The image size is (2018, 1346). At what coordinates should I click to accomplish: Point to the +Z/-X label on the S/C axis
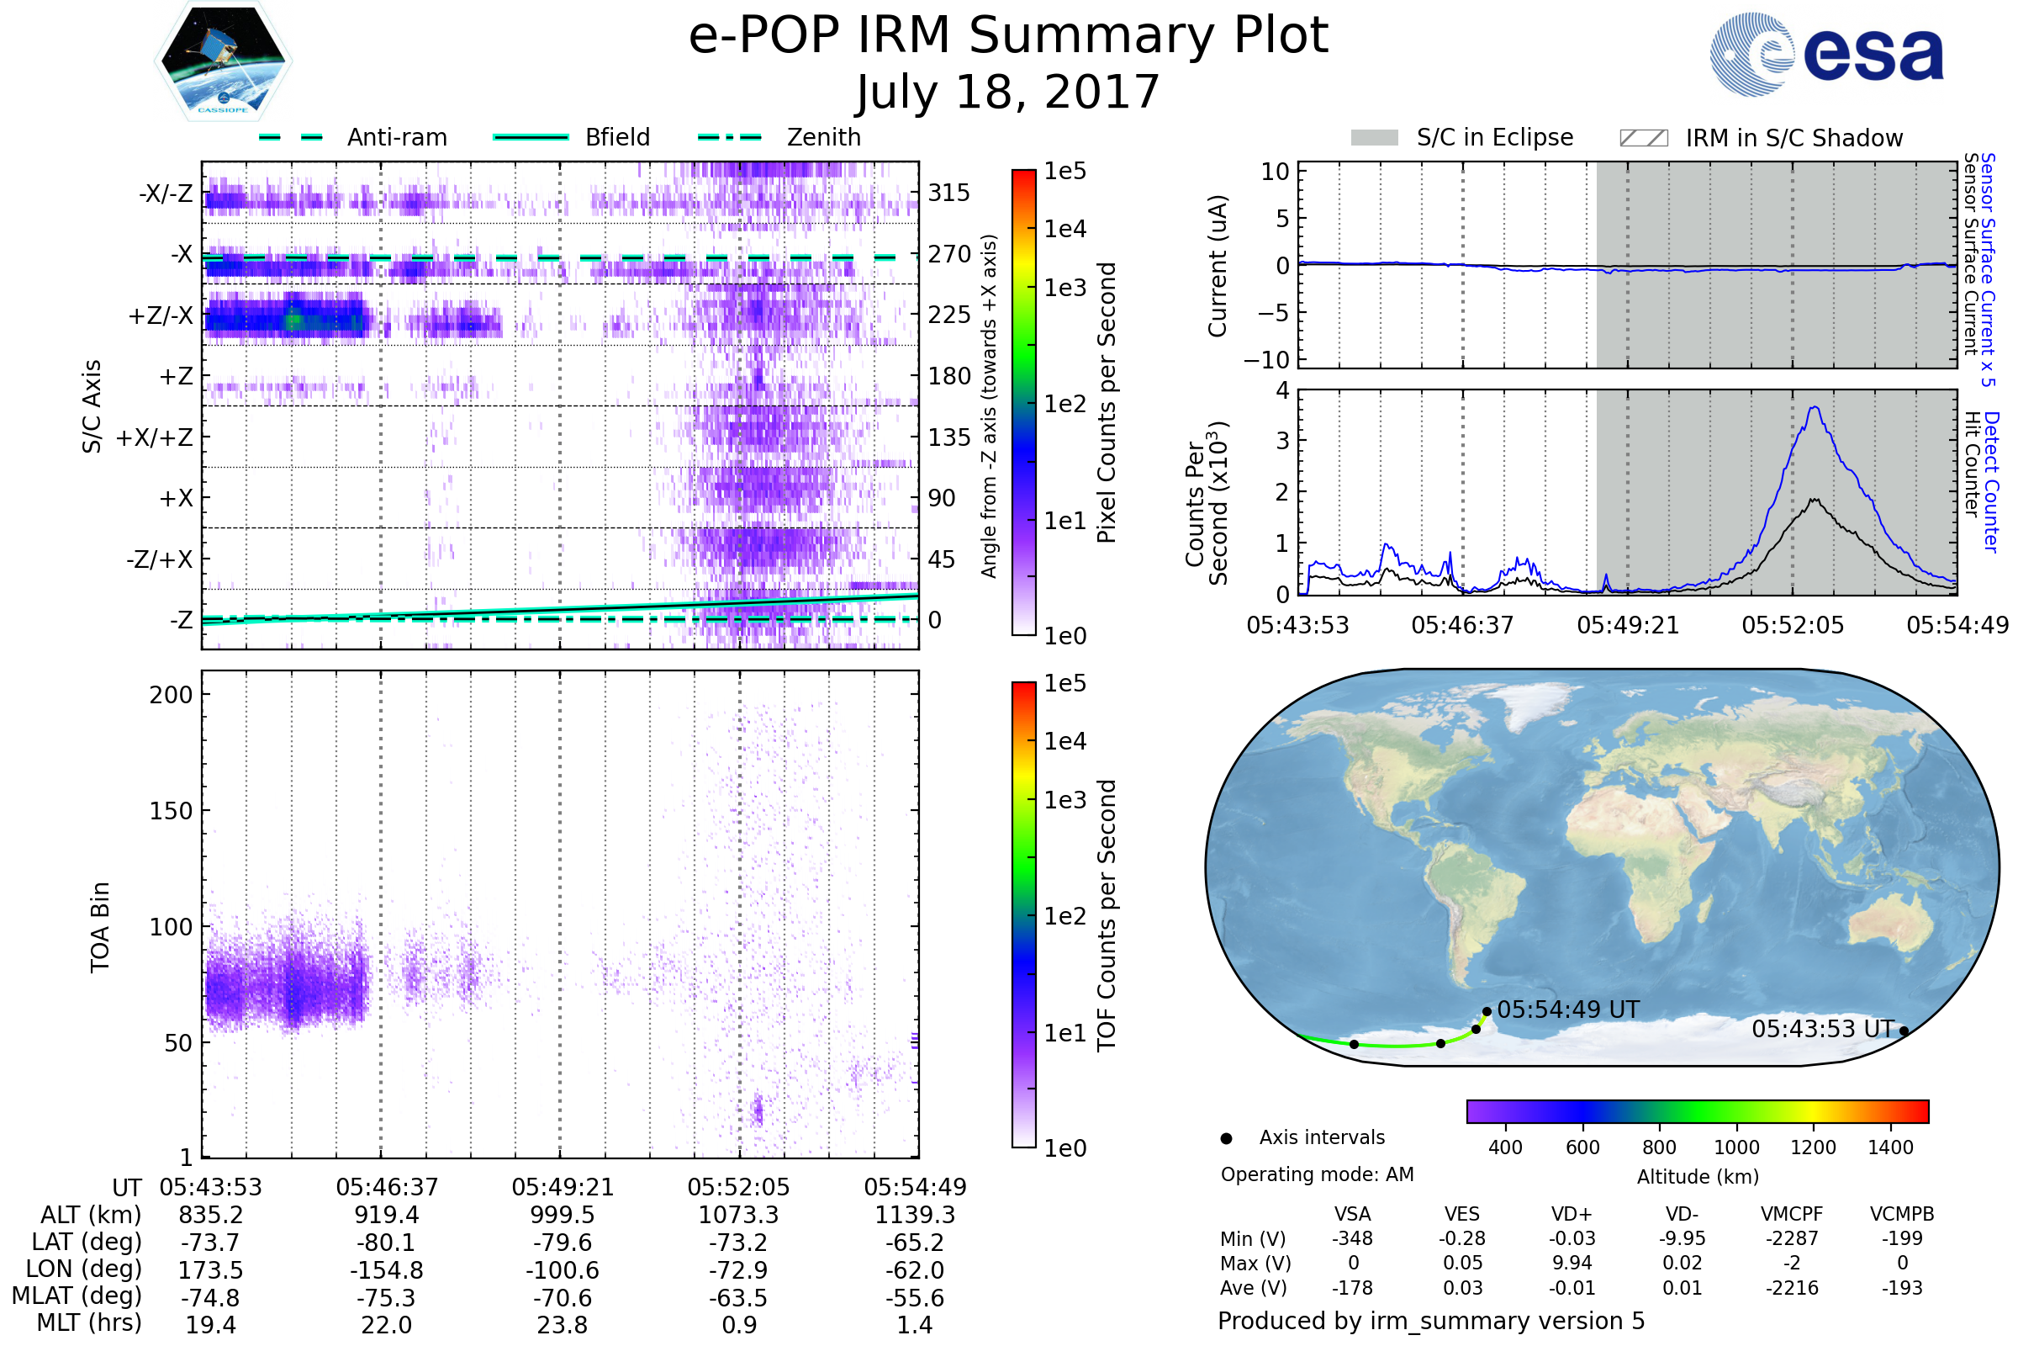coord(161,316)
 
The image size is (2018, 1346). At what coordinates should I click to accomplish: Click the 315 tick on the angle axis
coord(948,193)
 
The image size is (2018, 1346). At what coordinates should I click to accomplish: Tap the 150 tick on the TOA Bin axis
coord(171,811)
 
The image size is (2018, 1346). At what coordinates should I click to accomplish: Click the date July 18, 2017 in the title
coord(1008,92)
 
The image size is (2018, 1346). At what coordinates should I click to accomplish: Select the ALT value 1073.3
coord(738,1215)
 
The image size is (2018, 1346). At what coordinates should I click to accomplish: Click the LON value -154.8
coord(386,1270)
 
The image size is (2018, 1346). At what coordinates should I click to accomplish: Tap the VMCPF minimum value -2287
coord(1792,1238)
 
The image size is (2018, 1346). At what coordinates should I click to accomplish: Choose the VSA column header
coord(1352,1214)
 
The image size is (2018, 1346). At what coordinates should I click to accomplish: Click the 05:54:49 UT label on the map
coord(1567,1010)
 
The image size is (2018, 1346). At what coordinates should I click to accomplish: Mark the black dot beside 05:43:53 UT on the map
coord(1904,1031)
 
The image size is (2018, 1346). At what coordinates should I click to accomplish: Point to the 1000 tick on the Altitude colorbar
coord(1736,1147)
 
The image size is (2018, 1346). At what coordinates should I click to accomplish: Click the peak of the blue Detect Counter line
coord(1815,408)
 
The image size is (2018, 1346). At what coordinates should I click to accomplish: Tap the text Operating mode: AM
coord(1317,1174)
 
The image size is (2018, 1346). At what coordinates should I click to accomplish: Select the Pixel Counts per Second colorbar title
coord(1107,403)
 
